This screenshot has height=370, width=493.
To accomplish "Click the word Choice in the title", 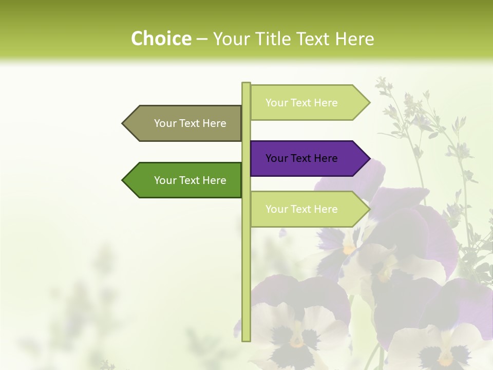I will coord(161,39).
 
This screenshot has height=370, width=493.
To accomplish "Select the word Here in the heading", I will coord(354,39).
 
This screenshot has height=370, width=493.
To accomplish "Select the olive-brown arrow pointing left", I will coord(190,123).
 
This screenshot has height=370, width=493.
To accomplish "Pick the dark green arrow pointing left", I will coord(190,180).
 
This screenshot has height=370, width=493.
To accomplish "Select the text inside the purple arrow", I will coord(301,158).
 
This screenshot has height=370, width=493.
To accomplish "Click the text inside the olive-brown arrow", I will coord(190,123).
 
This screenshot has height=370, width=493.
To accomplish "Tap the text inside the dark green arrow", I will coord(190,180).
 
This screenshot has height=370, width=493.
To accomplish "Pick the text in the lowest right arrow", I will coord(301,209).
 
